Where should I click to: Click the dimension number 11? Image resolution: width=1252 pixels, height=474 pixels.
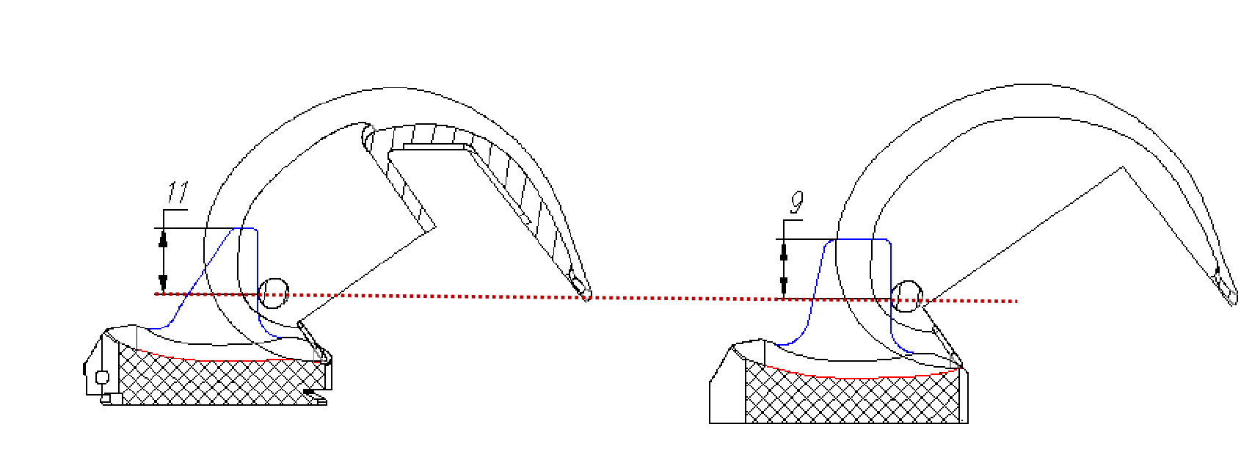click(x=178, y=192)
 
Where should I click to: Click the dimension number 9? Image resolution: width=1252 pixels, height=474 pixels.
click(x=797, y=203)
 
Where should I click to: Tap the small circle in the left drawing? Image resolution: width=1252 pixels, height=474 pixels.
click(x=273, y=293)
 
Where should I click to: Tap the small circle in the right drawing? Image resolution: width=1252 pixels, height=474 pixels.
click(x=906, y=296)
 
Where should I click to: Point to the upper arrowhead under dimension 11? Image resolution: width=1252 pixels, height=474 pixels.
click(x=163, y=238)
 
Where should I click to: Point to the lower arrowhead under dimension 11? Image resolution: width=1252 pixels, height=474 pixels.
click(x=163, y=282)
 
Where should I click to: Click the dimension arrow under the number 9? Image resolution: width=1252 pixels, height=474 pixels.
click(x=784, y=269)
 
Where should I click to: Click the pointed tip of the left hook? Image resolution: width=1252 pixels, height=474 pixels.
click(x=587, y=299)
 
